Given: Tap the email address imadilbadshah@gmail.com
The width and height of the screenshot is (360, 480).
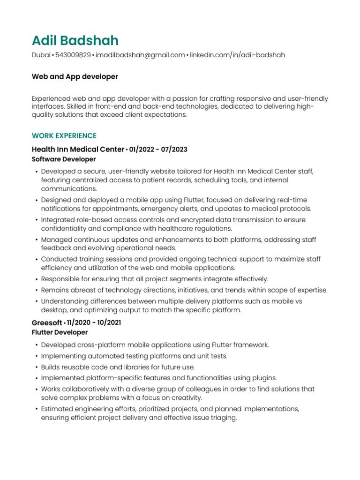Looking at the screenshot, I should [x=140, y=55].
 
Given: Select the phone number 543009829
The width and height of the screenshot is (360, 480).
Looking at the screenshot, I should [x=73, y=55].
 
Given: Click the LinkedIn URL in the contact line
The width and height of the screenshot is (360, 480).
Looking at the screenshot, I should [x=237, y=55].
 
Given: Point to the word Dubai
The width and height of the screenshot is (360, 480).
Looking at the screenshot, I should [x=41, y=55].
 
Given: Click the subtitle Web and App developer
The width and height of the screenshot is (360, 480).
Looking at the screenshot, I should [x=75, y=76].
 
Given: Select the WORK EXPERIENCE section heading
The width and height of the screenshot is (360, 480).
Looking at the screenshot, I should [x=64, y=136].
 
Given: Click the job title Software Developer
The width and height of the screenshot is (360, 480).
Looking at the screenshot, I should [x=57, y=159].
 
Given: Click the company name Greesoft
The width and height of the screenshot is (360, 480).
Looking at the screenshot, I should [x=47, y=323].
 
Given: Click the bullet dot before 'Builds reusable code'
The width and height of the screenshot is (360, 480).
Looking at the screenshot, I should [x=37, y=367].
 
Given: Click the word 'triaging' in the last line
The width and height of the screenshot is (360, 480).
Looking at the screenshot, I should [x=223, y=418].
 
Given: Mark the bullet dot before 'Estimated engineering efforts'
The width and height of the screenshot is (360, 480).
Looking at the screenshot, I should [x=37, y=409].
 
